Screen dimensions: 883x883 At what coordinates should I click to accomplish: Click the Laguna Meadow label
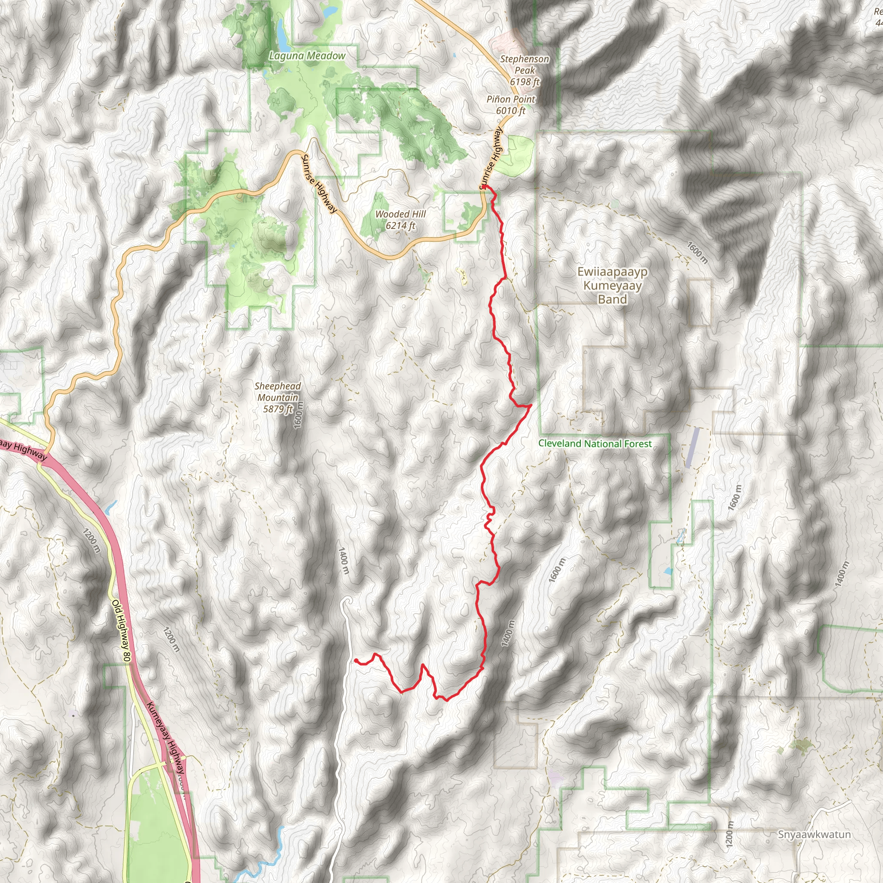coord(307,56)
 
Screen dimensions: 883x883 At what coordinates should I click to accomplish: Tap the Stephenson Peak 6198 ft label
coord(524,70)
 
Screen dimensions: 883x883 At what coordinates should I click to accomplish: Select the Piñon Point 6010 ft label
coord(510,105)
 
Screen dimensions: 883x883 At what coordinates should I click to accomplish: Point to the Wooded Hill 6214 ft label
coord(401,220)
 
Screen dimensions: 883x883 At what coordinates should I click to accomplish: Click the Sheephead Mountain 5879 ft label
coord(277,398)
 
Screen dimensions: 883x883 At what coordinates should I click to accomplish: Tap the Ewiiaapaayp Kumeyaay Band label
coord(612,286)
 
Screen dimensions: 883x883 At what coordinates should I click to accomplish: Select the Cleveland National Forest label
coord(595,443)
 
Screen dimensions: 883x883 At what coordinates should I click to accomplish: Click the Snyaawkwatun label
coord(814,835)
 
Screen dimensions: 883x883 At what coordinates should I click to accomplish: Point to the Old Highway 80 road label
coord(122,631)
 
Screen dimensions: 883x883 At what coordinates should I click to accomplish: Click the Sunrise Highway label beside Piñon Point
coord(492,158)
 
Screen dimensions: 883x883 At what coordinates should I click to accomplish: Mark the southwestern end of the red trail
coord(355,660)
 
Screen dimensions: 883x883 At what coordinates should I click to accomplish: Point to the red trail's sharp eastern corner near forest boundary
coord(531,405)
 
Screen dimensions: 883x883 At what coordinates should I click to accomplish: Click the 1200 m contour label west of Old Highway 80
coord(91,541)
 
